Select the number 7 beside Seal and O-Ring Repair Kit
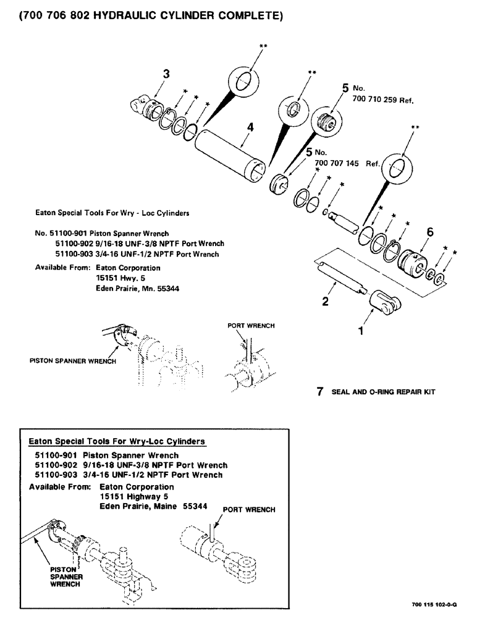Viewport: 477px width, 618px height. (319, 392)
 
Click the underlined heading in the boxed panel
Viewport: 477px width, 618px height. (117, 441)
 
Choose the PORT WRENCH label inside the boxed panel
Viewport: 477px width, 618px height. (248, 510)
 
